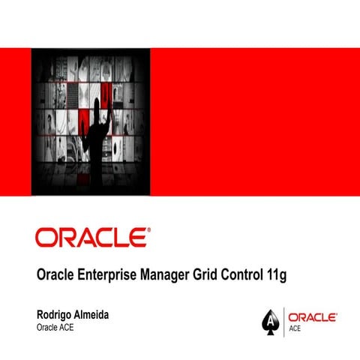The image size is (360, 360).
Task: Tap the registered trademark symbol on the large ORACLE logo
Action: (x=148, y=229)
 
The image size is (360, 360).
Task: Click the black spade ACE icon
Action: (x=270, y=321)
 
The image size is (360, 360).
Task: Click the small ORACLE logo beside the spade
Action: (x=313, y=317)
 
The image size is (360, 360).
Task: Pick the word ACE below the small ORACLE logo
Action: (x=295, y=328)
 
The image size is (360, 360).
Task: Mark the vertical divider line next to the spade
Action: (x=283, y=321)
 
